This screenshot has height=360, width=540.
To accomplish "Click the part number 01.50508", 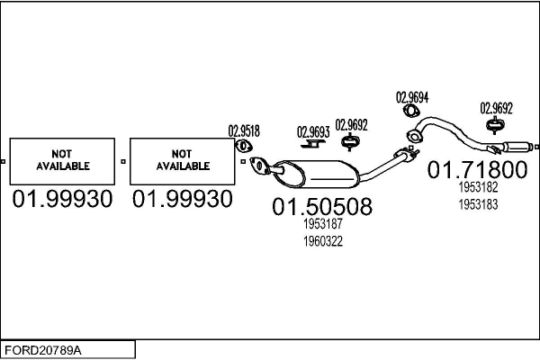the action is point(322,206).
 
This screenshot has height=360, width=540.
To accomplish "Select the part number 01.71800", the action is point(477,169).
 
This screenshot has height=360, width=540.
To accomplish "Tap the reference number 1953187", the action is point(323,224).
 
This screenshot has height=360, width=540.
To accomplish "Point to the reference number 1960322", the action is point(323,241).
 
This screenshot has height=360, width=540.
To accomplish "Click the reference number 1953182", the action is point(478,187).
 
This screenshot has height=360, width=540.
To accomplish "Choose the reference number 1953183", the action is point(478,204).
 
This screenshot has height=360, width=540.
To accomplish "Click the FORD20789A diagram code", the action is point(43,350).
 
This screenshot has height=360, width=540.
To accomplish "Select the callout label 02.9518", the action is point(244,130).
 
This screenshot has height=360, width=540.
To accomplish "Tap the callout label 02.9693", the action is point(313,132).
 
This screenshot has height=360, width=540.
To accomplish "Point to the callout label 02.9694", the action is point(412,97).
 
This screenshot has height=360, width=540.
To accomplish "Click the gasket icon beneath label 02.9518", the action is point(244,146).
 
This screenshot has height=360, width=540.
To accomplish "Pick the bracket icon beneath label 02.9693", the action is point(312,144).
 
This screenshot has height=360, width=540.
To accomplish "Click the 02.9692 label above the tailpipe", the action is point(496,108).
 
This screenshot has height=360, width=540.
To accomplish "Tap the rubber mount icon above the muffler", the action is point(350,142).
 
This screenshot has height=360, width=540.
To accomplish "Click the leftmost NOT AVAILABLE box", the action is point(62,162).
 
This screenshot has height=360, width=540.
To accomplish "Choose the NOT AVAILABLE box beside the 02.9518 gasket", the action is point(183,162).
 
